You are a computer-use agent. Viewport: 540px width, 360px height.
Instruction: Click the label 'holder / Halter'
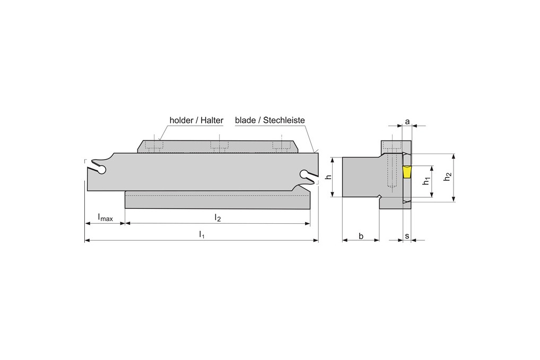(196, 121)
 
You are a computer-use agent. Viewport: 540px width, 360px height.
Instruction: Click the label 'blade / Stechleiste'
(269, 121)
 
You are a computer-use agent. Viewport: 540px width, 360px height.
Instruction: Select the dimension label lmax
(105, 217)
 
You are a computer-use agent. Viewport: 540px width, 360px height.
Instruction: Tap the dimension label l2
(217, 217)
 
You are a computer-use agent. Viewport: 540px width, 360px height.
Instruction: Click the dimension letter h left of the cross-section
(329, 177)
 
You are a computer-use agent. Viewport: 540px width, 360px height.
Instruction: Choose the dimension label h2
(448, 177)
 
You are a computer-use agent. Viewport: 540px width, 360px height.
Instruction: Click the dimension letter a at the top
(407, 121)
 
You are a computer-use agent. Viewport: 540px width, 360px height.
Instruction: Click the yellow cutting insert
(407, 172)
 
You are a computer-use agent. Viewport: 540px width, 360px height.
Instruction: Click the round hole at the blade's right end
(304, 174)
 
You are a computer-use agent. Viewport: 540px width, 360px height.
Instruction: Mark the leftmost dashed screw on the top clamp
(157, 145)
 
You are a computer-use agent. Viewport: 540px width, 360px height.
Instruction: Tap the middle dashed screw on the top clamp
(217, 145)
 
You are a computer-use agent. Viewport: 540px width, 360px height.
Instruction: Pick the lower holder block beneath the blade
(217, 200)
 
